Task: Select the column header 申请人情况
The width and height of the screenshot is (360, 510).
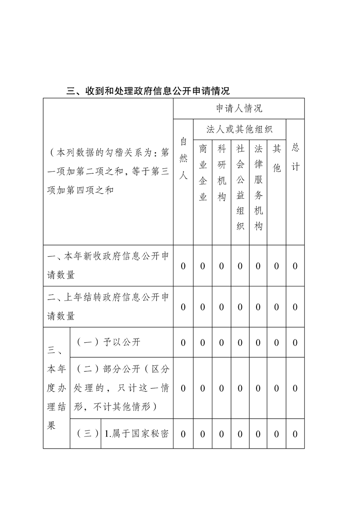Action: [239, 109]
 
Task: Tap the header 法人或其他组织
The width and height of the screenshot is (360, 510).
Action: [239, 130]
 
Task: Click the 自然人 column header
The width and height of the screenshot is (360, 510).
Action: [183, 158]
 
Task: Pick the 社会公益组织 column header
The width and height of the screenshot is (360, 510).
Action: [240, 187]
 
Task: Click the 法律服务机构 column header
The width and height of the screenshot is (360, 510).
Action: [258, 187]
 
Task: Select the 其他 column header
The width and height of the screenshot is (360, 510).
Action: [276, 158]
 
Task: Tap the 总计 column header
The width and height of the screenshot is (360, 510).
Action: [295, 158]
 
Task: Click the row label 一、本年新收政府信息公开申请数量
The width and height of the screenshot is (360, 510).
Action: [108, 265]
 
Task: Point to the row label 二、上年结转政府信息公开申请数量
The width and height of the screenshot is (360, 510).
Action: [108, 307]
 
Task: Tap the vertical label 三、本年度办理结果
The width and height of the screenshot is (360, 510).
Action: [57, 388]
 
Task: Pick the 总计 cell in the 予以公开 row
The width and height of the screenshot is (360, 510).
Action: [295, 342]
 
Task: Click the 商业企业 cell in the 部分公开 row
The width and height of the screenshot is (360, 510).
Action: [203, 388]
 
